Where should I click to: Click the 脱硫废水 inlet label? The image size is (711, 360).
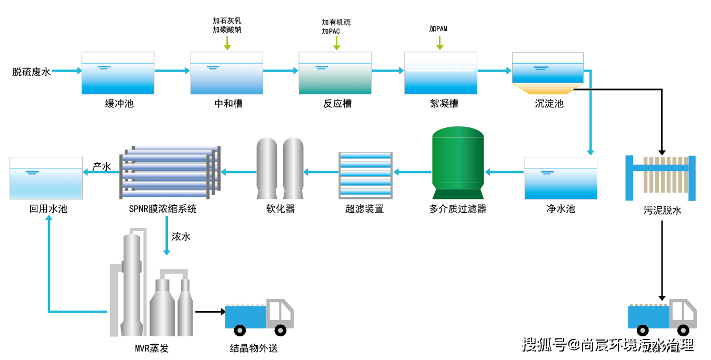tap(31, 72)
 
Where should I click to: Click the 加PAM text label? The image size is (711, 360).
tap(438, 28)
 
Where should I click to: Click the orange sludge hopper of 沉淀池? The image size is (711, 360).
tap(547, 88)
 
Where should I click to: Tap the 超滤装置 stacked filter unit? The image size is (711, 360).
tap(365, 173)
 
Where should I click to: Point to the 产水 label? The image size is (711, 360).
tap(102, 166)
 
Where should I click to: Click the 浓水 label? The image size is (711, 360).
tap(181, 237)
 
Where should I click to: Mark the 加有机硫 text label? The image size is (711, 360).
tap(336, 23)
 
